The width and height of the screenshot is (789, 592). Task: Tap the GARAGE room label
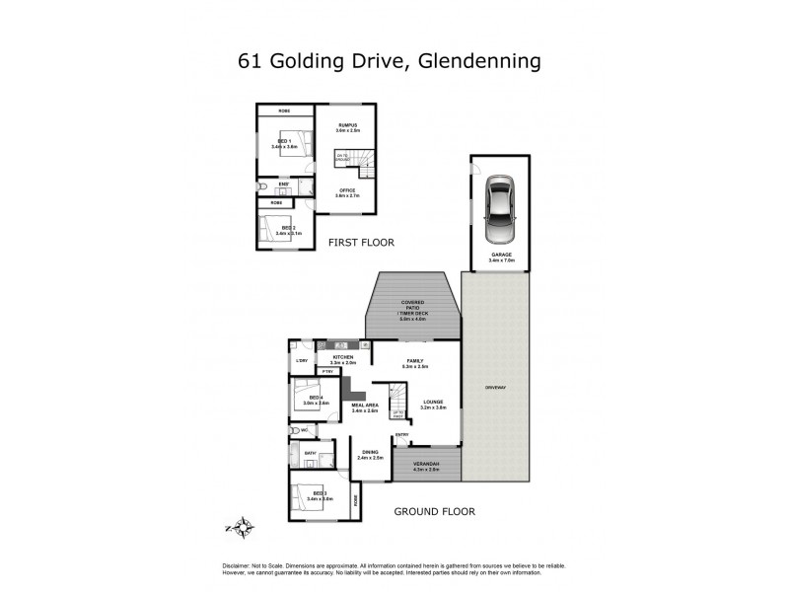[501, 254]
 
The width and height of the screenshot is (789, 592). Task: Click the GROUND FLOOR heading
[434, 512]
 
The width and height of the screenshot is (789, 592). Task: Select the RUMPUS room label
[347, 125]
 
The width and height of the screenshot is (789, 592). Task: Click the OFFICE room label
[347, 189]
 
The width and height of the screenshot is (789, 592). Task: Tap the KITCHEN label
[343, 357]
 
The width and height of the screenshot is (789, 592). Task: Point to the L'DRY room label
[301, 361]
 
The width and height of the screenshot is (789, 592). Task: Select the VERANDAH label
[426, 464]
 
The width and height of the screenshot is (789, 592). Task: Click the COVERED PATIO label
[411, 304]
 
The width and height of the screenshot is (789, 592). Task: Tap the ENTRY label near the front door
[401, 434]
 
